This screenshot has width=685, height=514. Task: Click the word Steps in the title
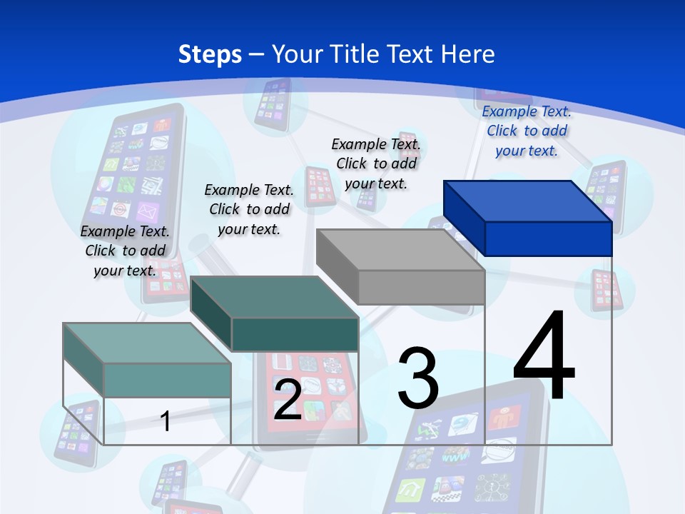[x=210, y=54]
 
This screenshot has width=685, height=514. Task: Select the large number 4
[x=544, y=356]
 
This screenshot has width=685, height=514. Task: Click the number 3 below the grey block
[x=418, y=378]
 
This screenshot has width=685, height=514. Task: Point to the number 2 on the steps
[x=288, y=400]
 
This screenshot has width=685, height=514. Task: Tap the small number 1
[x=165, y=421]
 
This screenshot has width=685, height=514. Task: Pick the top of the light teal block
[x=147, y=343]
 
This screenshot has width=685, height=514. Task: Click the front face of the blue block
[x=548, y=238]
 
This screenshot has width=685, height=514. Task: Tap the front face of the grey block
[x=421, y=287]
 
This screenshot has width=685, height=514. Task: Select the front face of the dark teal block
[x=295, y=335]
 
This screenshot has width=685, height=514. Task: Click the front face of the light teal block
[x=168, y=380]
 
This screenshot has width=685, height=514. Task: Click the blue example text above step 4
[x=527, y=131]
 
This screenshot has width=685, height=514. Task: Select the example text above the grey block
[x=376, y=163]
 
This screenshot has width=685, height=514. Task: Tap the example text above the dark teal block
[x=249, y=209]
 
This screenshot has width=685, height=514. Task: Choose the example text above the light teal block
[x=125, y=251]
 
